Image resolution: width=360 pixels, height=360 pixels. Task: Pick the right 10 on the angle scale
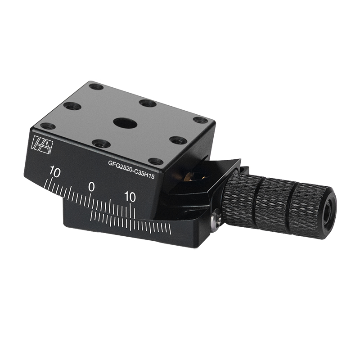[130, 196]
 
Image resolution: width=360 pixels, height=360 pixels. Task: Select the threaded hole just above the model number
[156, 161]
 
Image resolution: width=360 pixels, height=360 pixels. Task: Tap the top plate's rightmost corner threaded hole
[200, 120]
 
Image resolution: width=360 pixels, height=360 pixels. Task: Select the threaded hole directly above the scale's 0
[101, 144]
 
